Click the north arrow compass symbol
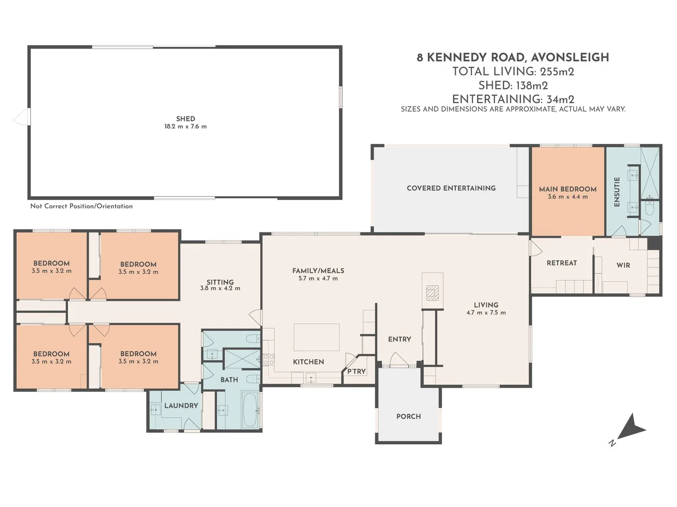pyautogui.click(x=630, y=428)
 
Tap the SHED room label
pyautogui.click(x=185, y=119)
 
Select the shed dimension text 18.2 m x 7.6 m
pyautogui.click(x=185, y=126)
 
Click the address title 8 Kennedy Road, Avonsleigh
pyautogui.click(x=512, y=57)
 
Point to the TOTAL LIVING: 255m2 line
pyautogui.click(x=512, y=71)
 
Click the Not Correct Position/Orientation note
pyautogui.click(x=81, y=206)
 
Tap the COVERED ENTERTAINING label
pyautogui.click(x=451, y=188)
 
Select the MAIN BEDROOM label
pyautogui.click(x=567, y=189)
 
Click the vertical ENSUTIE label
pyautogui.click(x=617, y=192)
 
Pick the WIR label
pyautogui.click(x=623, y=265)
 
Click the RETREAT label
pyautogui.click(x=561, y=263)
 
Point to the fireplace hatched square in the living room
pyautogui.click(x=432, y=293)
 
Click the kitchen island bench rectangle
pyautogui.click(x=317, y=337)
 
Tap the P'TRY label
pyautogui.click(x=356, y=371)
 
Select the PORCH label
pyautogui.click(x=408, y=416)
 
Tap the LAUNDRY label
pyautogui.click(x=181, y=406)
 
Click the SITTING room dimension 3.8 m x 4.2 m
pyautogui.click(x=220, y=288)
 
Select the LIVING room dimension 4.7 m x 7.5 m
pyautogui.click(x=486, y=313)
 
